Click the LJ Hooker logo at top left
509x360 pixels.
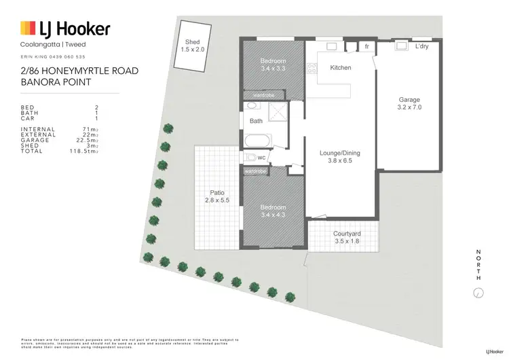click(x=65, y=29)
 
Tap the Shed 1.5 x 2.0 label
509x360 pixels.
click(x=192, y=46)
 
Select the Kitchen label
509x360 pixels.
click(x=340, y=68)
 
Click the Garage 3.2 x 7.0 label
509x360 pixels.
click(x=409, y=103)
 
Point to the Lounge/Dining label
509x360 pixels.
click(x=339, y=157)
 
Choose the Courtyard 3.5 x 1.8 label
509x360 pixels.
click(x=347, y=238)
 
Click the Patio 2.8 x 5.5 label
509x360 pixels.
click(x=216, y=196)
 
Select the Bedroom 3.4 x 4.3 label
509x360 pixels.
click(x=273, y=211)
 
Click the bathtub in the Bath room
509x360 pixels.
click(x=258, y=141)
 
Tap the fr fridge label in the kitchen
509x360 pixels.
click(x=366, y=47)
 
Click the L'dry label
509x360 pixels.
click(x=421, y=47)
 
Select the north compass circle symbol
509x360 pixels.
click(x=478, y=293)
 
